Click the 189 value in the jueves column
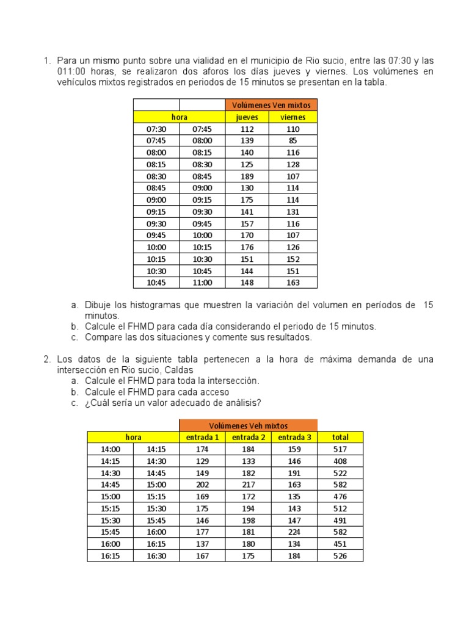click(247, 176)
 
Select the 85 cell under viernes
click(293, 141)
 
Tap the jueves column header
click(247, 117)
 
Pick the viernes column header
click(293, 117)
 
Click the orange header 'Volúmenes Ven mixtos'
click(271, 105)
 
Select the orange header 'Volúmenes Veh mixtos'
click(248, 425)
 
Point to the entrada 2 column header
click(249, 437)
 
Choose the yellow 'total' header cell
click(340, 437)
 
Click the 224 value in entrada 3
click(294, 532)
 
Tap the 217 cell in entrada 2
click(249, 485)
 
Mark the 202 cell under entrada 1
click(202, 485)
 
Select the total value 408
click(340, 461)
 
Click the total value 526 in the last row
click(340, 556)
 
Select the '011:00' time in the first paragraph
click(71, 72)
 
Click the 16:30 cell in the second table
click(156, 556)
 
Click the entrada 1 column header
click(202, 437)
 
